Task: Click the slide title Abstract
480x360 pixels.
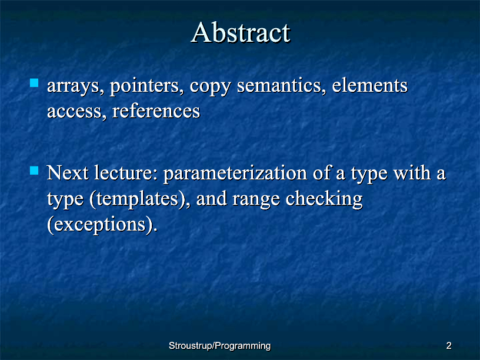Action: coord(241,32)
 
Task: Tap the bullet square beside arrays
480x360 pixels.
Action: coord(34,83)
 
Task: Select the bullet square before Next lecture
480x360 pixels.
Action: coord(34,170)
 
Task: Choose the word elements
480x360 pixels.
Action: coord(370,85)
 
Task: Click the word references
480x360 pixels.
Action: coord(156,111)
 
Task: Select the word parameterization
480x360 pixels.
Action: coord(235,174)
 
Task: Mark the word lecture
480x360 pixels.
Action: coord(126,173)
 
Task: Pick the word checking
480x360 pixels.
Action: coord(324,199)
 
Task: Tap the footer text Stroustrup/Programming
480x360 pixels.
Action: coord(220,346)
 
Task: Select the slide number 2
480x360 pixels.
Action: coord(449,346)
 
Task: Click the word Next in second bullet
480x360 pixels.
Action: coord(68,173)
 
